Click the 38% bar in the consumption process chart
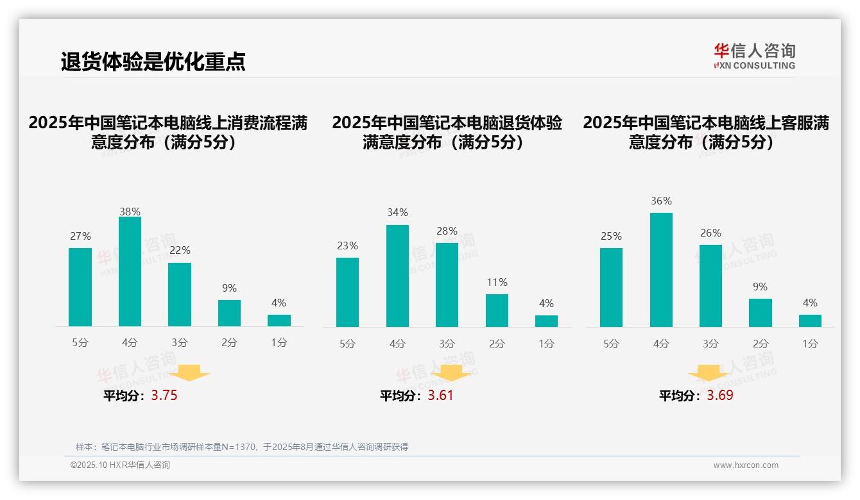[x=130, y=272]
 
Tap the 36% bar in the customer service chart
[x=661, y=270]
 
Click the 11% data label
[x=497, y=282]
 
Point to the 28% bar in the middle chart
[x=447, y=285]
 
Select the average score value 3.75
[x=164, y=396]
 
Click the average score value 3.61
[x=440, y=396]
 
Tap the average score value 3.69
[x=720, y=396]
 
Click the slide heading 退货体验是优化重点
[x=153, y=62]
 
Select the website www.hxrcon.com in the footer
[x=746, y=465]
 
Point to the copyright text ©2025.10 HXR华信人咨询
[x=120, y=465]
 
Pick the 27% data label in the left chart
[x=80, y=236]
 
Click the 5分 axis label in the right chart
[x=611, y=344]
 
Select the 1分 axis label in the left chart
[x=279, y=342]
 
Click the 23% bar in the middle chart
[x=347, y=292]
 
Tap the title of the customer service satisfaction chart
[x=706, y=132]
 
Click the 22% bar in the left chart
[x=180, y=295]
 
